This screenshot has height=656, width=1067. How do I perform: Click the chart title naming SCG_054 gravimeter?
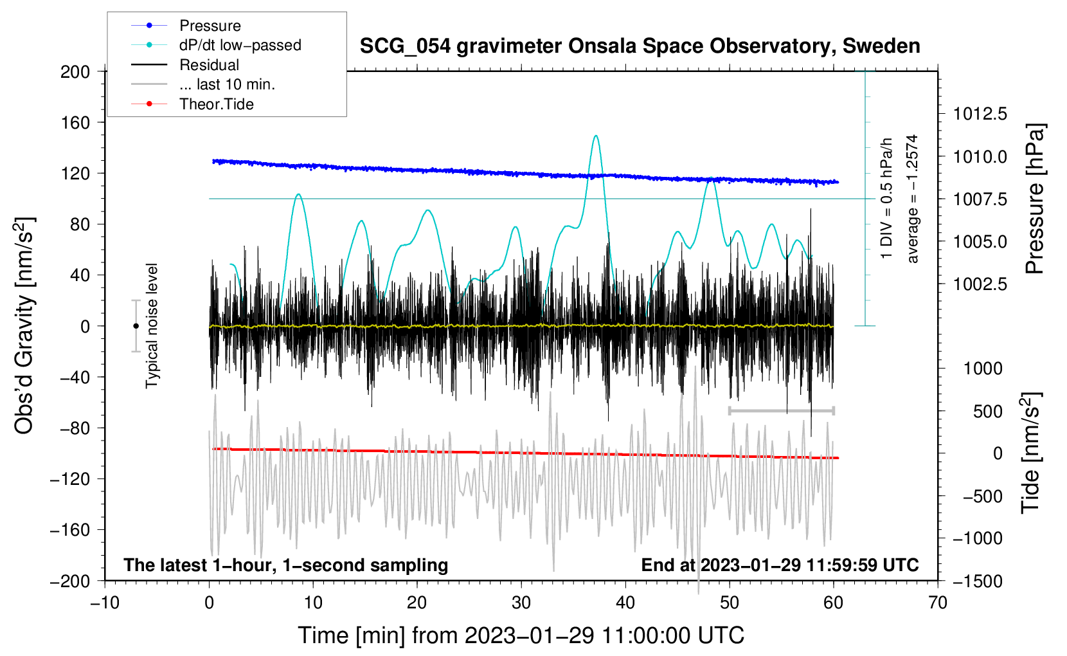point(640,46)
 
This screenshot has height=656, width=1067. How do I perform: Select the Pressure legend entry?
point(210,26)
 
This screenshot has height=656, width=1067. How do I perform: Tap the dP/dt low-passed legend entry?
point(240,45)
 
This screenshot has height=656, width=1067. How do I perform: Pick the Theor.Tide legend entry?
point(216,104)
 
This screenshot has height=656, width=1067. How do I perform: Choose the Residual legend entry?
point(209,65)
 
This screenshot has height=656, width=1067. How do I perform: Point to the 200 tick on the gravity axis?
point(75,71)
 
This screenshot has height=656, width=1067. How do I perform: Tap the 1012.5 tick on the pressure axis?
point(980,114)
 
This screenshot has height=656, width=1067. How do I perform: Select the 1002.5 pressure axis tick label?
point(980,284)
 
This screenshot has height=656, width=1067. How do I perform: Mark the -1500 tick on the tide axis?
point(978,581)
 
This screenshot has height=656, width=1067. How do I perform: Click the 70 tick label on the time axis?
point(938,603)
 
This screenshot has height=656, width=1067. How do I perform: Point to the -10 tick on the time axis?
point(105,603)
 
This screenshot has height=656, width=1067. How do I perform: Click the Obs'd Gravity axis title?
point(24,325)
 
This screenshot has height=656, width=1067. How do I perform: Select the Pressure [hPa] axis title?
point(1034,199)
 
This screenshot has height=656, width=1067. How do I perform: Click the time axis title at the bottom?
point(521,635)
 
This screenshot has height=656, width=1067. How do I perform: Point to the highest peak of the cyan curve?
point(596,136)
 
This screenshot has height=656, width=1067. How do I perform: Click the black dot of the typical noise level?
point(136,326)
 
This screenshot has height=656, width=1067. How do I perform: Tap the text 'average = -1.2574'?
point(913,199)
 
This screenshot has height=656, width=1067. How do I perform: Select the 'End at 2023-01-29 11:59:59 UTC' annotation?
point(780,565)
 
